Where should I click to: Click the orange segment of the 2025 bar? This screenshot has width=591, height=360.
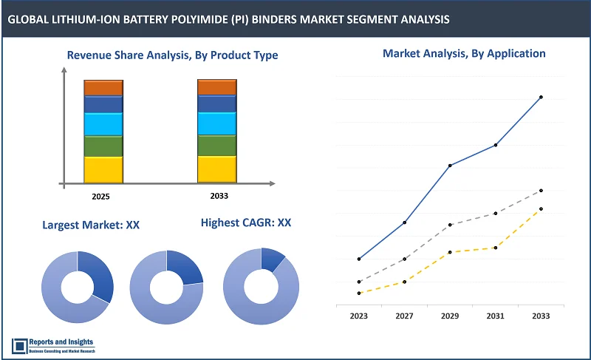click(103, 87)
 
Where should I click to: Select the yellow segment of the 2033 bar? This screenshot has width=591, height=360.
click(216, 169)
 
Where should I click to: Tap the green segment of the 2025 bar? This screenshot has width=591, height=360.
click(103, 146)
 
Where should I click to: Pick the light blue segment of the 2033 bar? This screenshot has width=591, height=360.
click(216, 123)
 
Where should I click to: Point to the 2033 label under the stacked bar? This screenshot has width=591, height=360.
click(219, 196)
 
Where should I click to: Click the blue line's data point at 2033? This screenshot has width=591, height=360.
click(541, 97)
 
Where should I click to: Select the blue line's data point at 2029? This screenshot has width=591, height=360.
click(450, 165)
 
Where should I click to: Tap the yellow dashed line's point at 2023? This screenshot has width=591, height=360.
click(359, 293)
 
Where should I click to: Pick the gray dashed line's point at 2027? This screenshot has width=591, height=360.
click(404, 259)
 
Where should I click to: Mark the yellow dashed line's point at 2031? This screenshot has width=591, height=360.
click(496, 248)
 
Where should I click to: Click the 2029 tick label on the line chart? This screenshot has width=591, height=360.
click(450, 316)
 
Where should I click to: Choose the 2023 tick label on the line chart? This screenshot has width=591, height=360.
click(359, 316)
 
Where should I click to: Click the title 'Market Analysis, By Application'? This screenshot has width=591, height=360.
click(463, 53)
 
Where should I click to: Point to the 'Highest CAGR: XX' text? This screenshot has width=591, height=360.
click(246, 222)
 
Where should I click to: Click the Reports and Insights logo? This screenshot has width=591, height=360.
click(53, 345)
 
